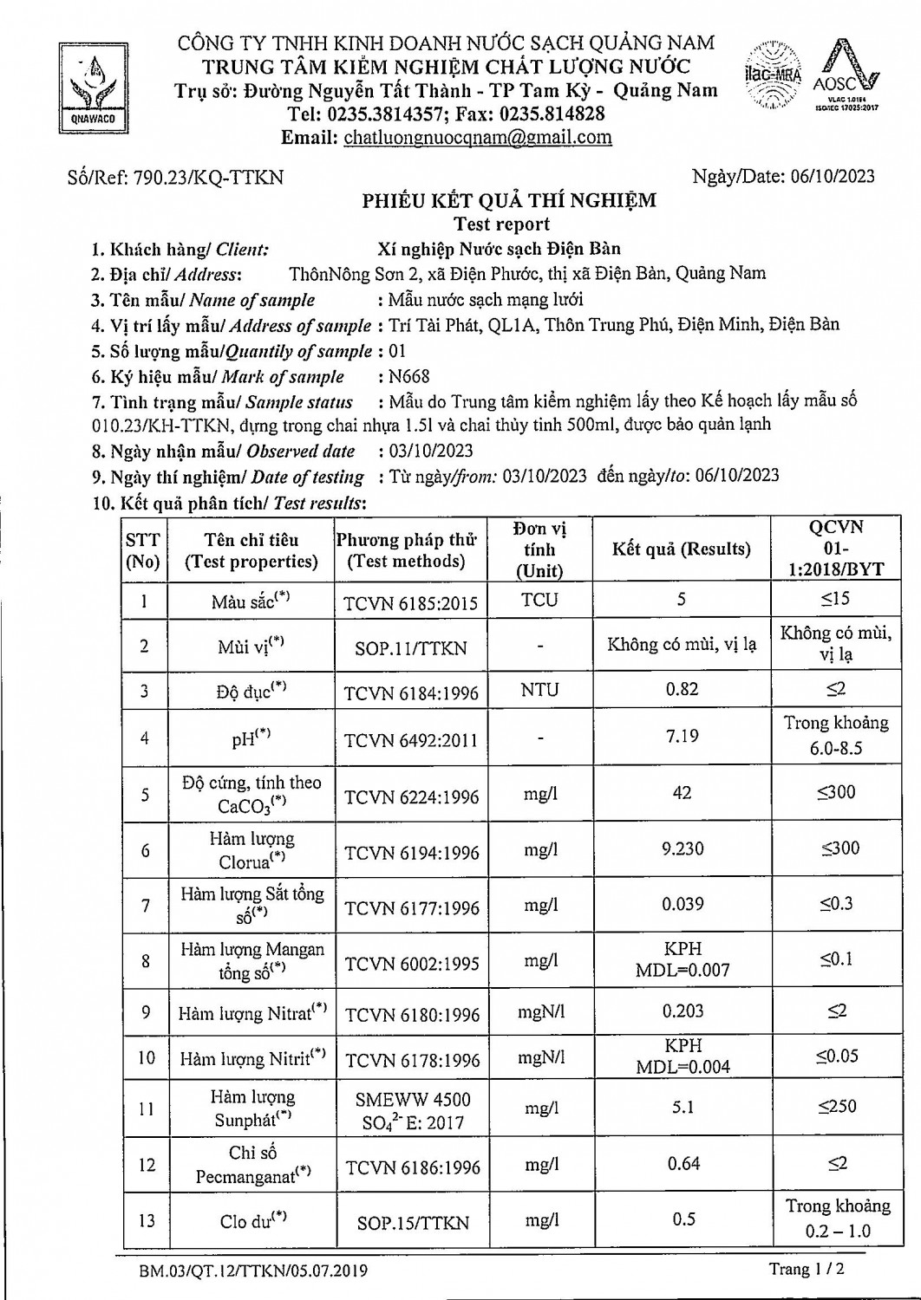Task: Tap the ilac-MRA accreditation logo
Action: pos(773,74)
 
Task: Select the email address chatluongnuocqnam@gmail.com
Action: pos(478,137)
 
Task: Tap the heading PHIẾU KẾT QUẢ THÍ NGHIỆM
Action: pos(508,201)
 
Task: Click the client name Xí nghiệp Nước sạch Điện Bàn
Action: pos(500,250)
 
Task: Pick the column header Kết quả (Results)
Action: pos(681,549)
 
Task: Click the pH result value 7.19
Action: pos(683,736)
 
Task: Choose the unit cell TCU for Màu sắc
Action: pos(539,600)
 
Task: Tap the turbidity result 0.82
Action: pos(683,689)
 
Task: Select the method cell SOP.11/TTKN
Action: pos(411,647)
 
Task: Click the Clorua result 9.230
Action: pos(683,848)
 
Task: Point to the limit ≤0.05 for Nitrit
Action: pos(836,1056)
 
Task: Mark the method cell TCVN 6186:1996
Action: pos(413,1167)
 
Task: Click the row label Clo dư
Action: pos(252,1220)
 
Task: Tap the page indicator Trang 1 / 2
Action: pos(807,1270)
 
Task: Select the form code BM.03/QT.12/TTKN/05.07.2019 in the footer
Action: pos(253,1271)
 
